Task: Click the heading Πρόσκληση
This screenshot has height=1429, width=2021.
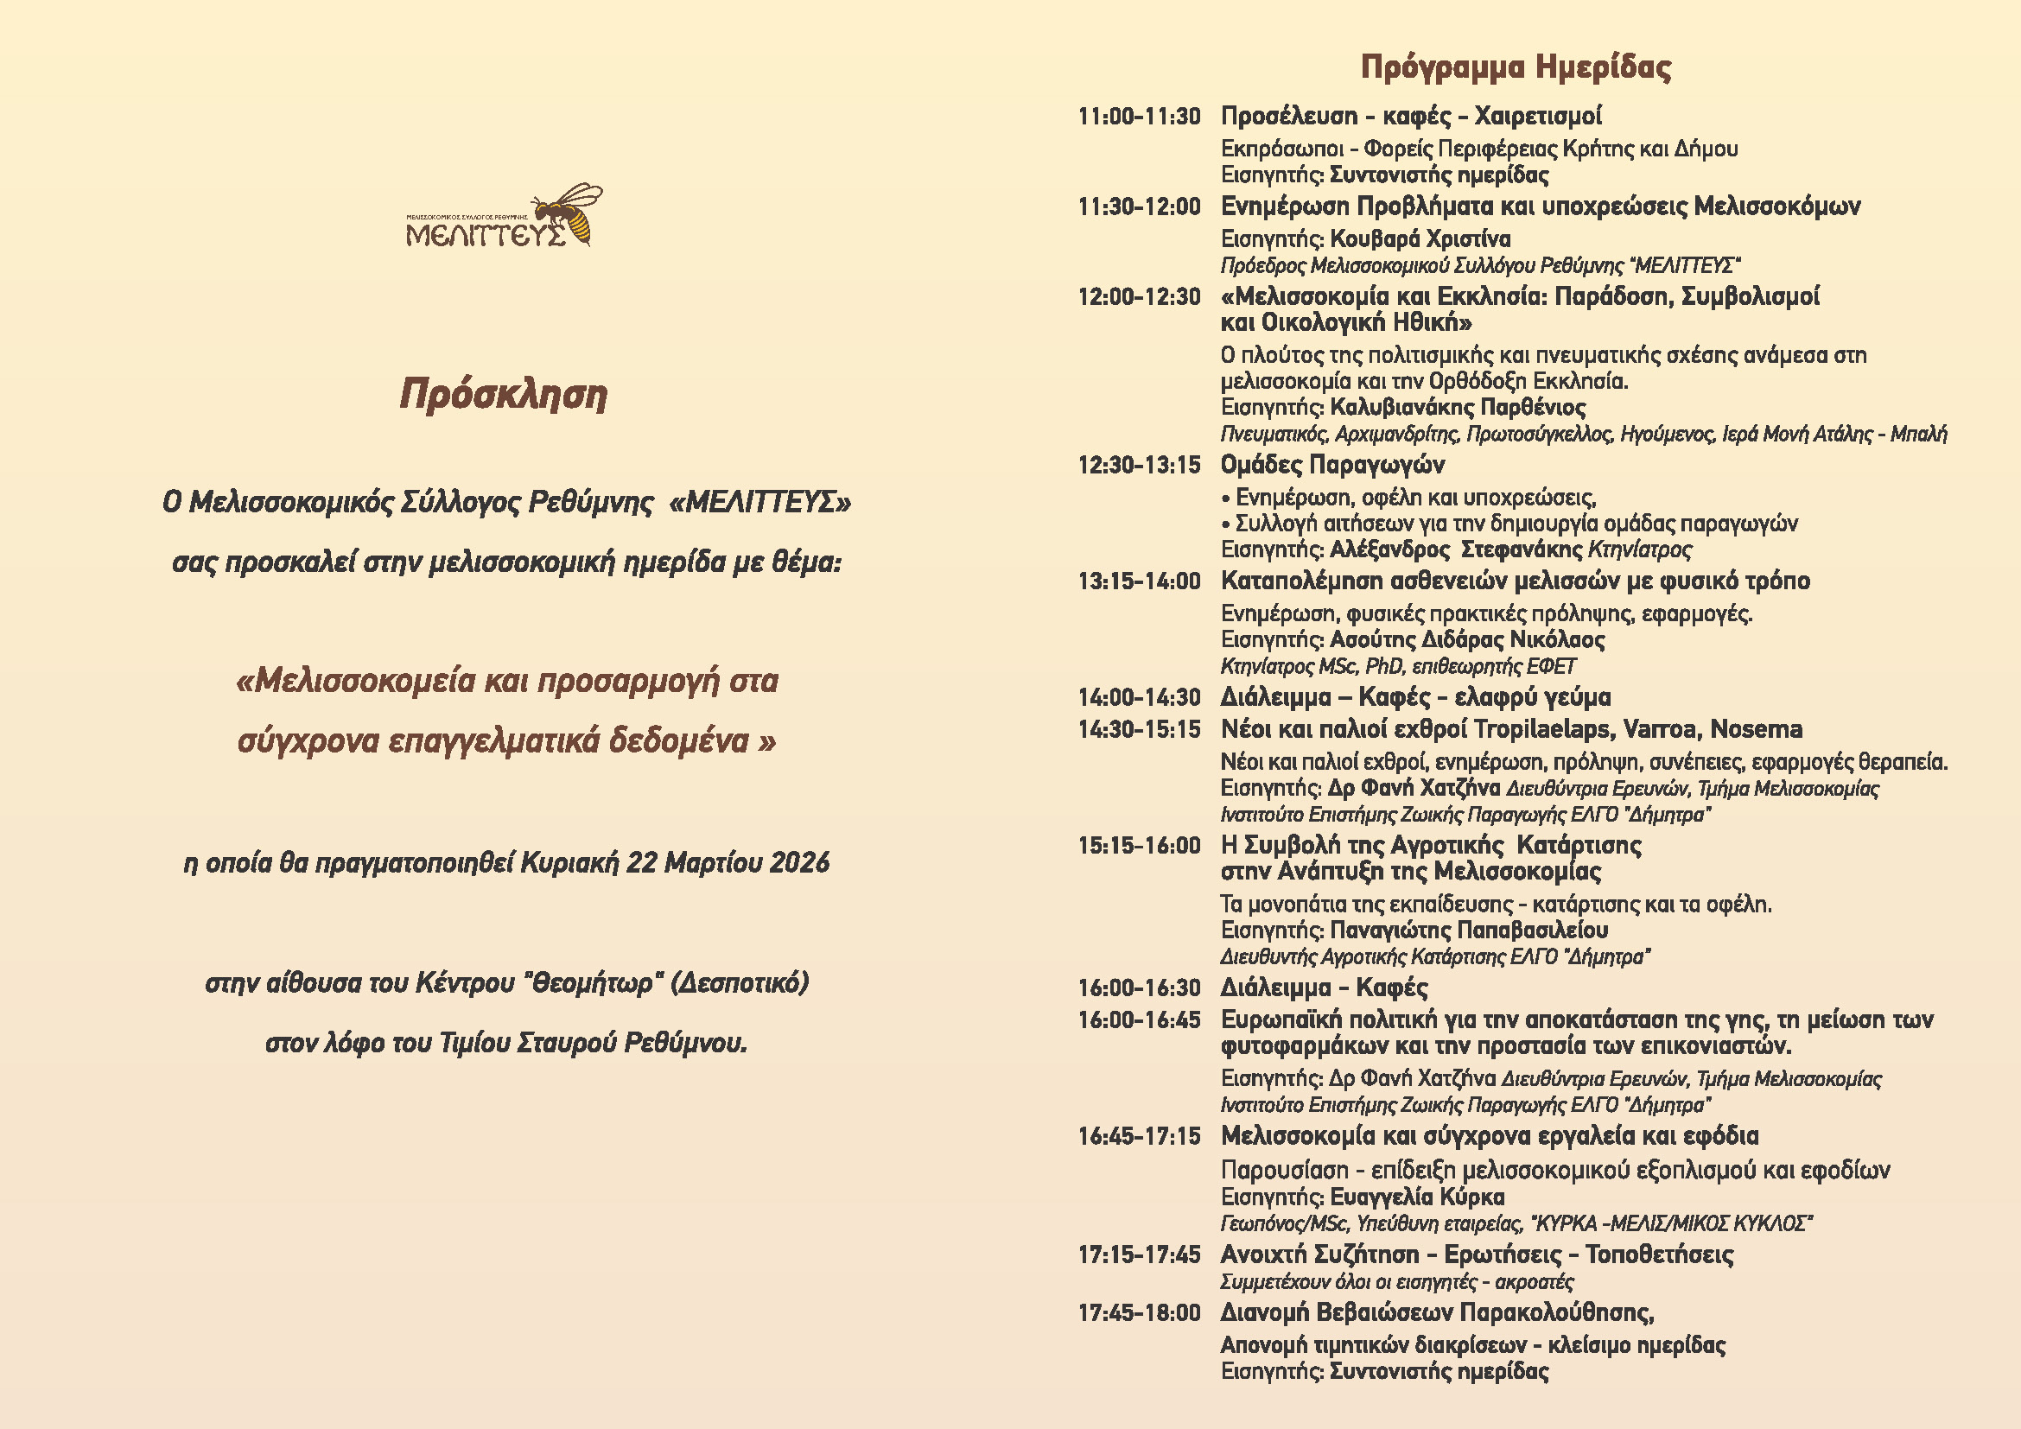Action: (x=504, y=395)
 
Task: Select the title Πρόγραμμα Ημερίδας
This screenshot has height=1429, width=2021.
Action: (x=1516, y=67)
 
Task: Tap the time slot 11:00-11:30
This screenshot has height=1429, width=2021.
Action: (x=1139, y=117)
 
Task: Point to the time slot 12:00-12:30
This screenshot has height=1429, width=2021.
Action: (x=1139, y=297)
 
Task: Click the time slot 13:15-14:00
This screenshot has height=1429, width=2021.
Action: (x=1139, y=581)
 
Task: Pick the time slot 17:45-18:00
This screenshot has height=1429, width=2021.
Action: (x=1139, y=1314)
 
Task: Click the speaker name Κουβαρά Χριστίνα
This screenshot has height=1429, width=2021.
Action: (x=1420, y=239)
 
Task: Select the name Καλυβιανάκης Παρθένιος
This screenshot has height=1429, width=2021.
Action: (x=1458, y=408)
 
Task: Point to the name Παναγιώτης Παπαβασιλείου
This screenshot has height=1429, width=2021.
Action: (x=1468, y=930)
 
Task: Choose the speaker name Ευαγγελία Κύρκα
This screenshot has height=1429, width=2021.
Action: (x=1416, y=1197)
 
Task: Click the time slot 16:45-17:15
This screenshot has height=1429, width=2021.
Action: (x=1139, y=1137)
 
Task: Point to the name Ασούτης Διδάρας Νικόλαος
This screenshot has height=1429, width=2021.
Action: (x=1466, y=639)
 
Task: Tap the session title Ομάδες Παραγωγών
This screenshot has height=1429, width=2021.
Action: (x=1331, y=465)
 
